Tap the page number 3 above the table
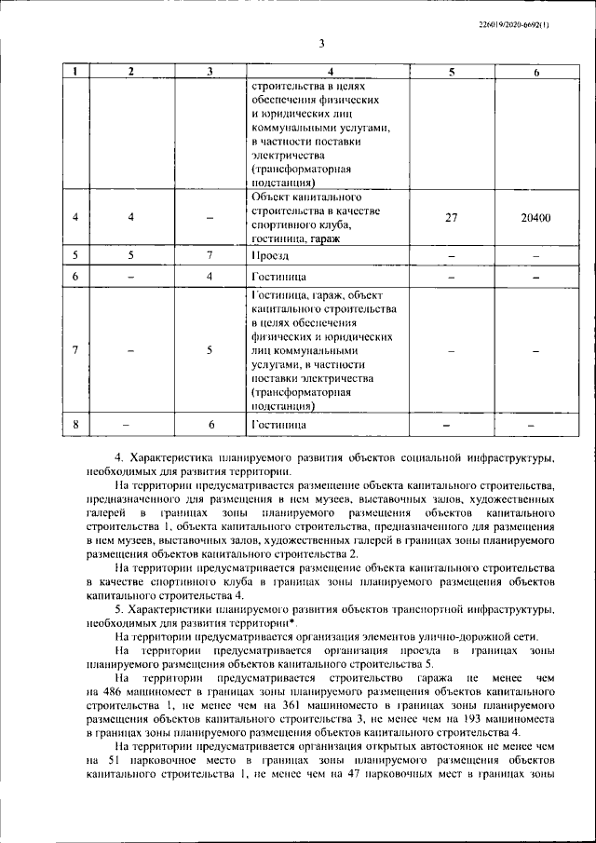click(319, 43)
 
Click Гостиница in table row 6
click(278, 277)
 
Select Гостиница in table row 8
click(278, 425)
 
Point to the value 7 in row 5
click(210, 254)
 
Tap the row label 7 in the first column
click(74, 350)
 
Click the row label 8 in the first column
click(74, 425)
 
